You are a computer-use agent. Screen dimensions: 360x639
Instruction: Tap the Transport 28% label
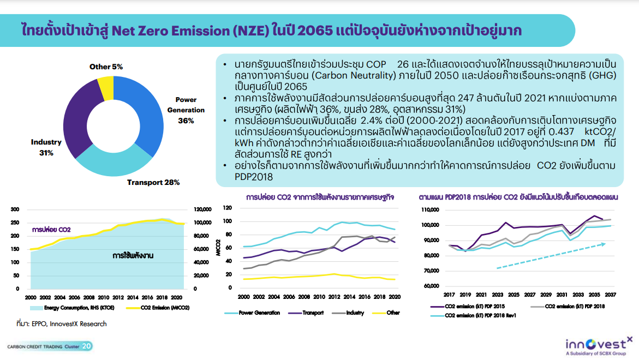click(x=153, y=182)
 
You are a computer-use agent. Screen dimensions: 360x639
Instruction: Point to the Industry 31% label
click(x=46, y=147)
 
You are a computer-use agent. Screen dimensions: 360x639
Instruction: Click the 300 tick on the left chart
click(x=15, y=209)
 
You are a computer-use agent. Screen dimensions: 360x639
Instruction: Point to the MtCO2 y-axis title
click(x=218, y=249)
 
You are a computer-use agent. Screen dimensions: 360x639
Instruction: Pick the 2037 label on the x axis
click(x=611, y=296)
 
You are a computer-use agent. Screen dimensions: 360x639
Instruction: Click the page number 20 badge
click(x=87, y=346)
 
